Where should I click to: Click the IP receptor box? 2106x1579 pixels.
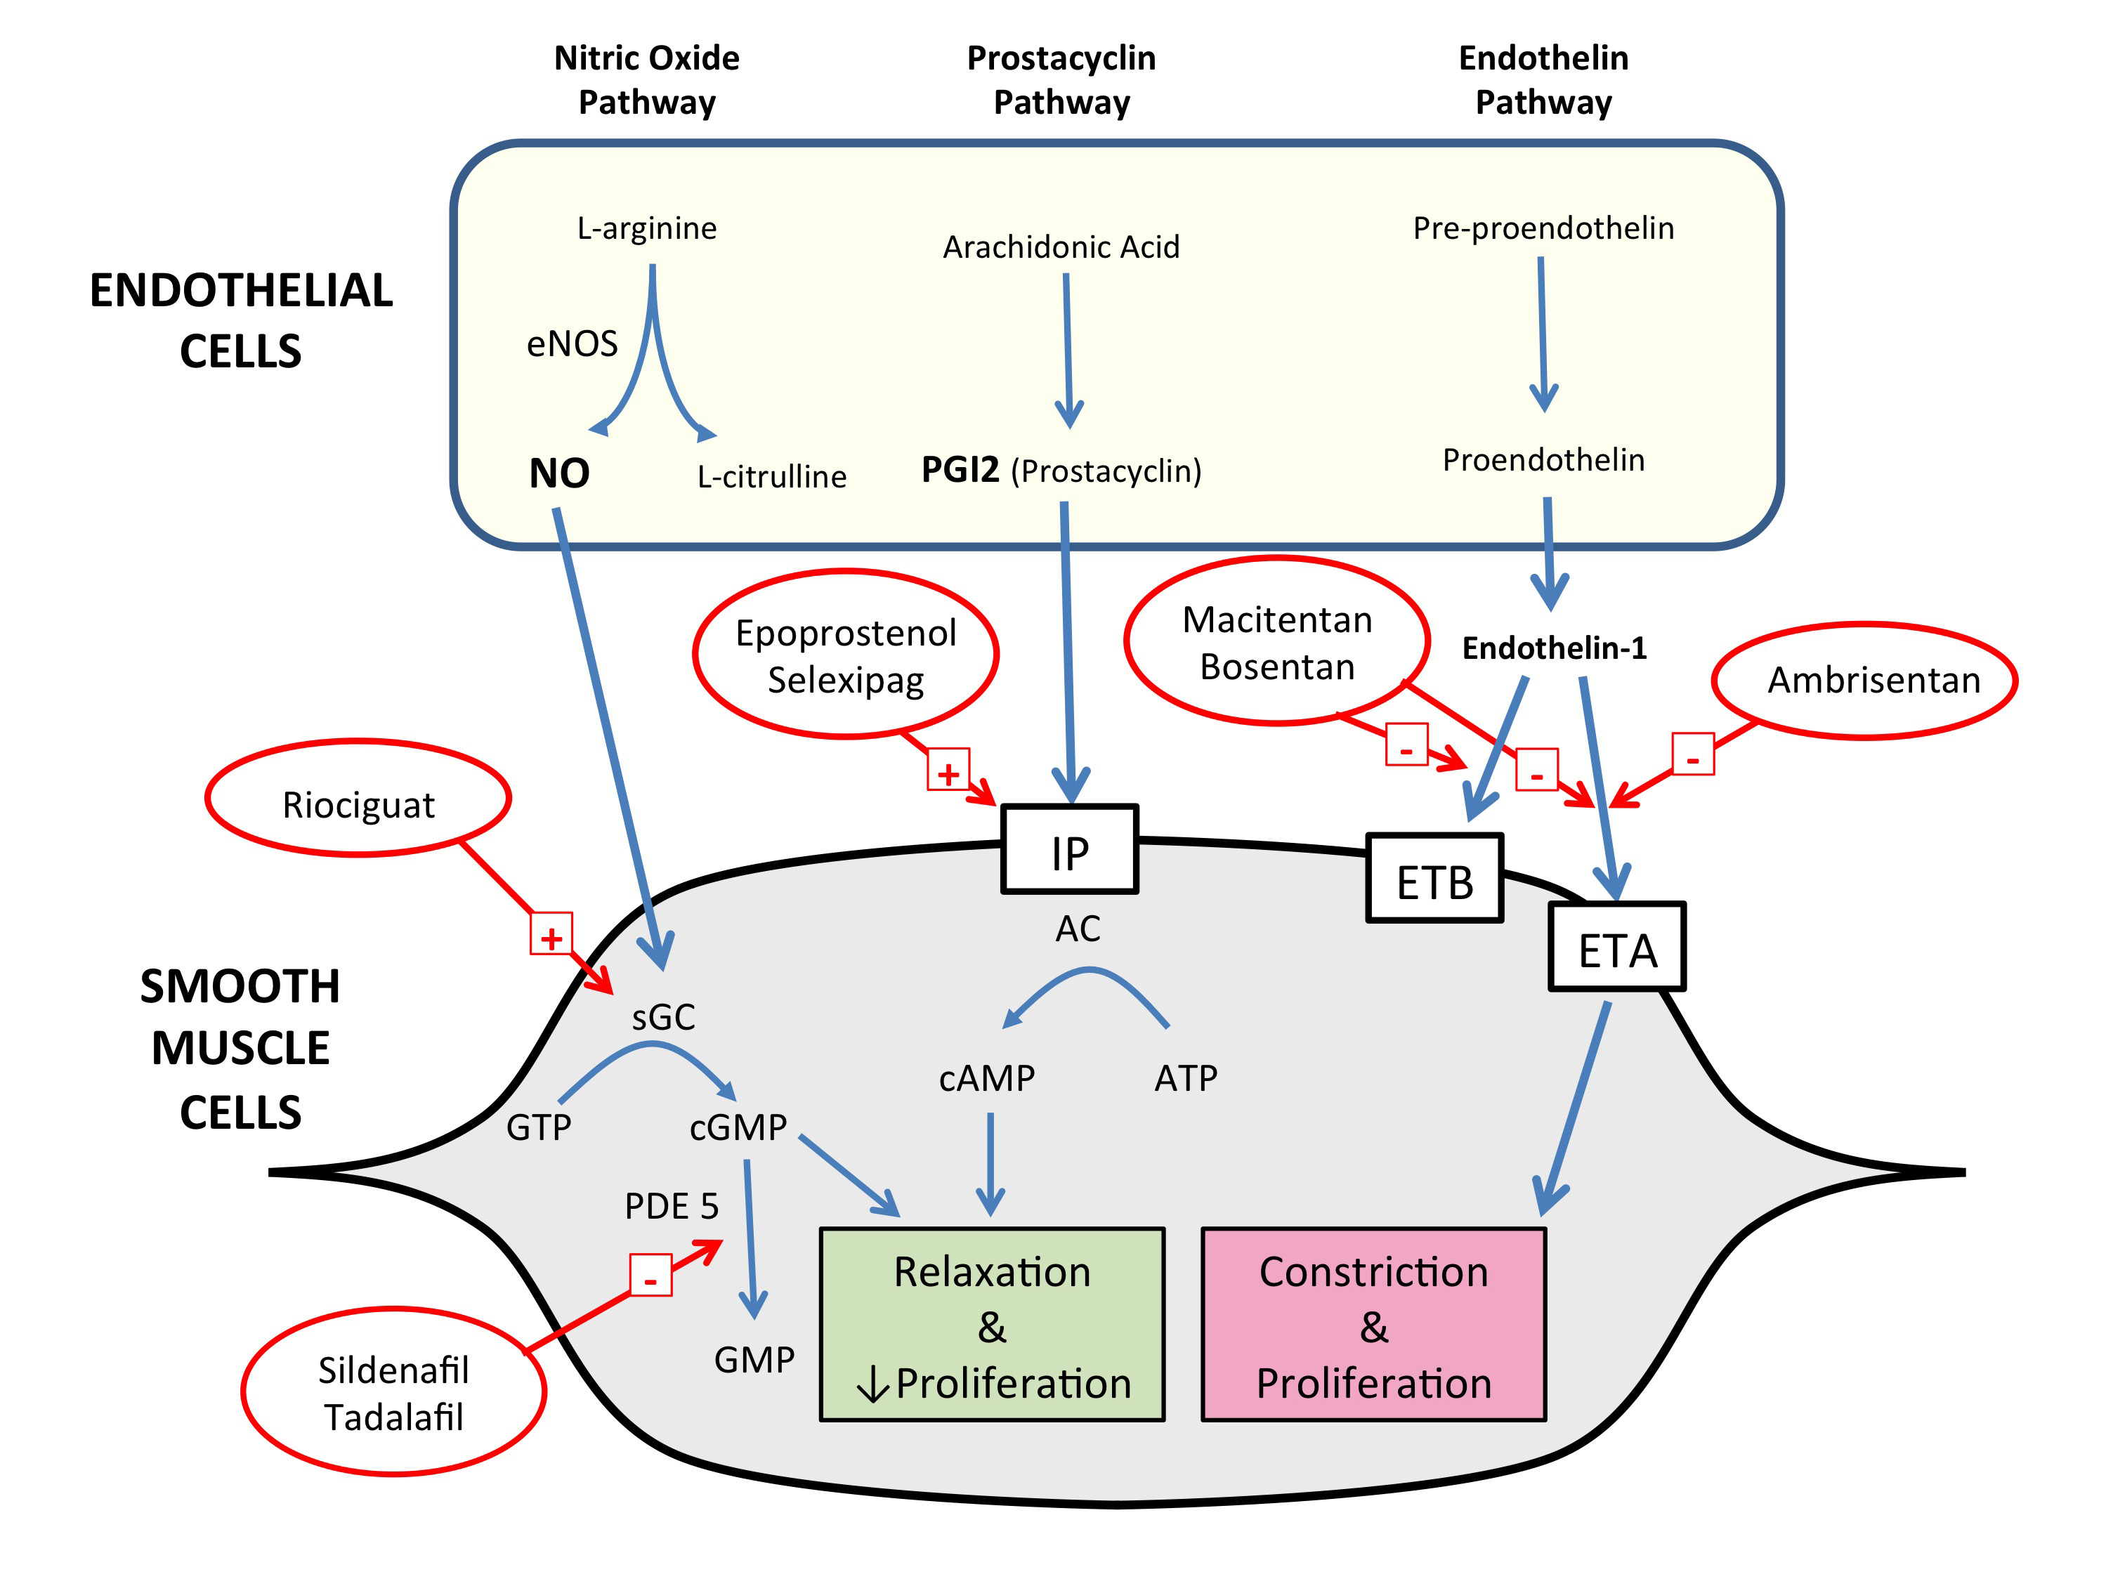pyautogui.click(x=1069, y=850)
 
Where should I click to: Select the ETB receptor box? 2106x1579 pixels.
pyautogui.click(x=1434, y=879)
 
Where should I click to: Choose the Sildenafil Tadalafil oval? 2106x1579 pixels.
pyautogui.click(x=393, y=1391)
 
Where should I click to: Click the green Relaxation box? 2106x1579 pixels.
pyautogui.click(x=992, y=1325)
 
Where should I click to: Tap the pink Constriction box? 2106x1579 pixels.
pyautogui.click(x=1373, y=1325)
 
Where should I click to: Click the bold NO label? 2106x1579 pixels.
pyautogui.click(x=559, y=473)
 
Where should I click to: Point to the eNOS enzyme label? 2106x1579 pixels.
pyautogui.click(x=573, y=343)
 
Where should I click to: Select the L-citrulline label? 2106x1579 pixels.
pyautogui.click(x=771, y=476)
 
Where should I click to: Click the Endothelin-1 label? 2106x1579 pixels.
pyautogui.click(x=1554, y=648)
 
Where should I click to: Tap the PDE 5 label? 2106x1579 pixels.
pyautogui.click(x=672, y=1206)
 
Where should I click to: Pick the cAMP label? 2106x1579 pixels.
pyautogui.click(x=986, y=1078)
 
